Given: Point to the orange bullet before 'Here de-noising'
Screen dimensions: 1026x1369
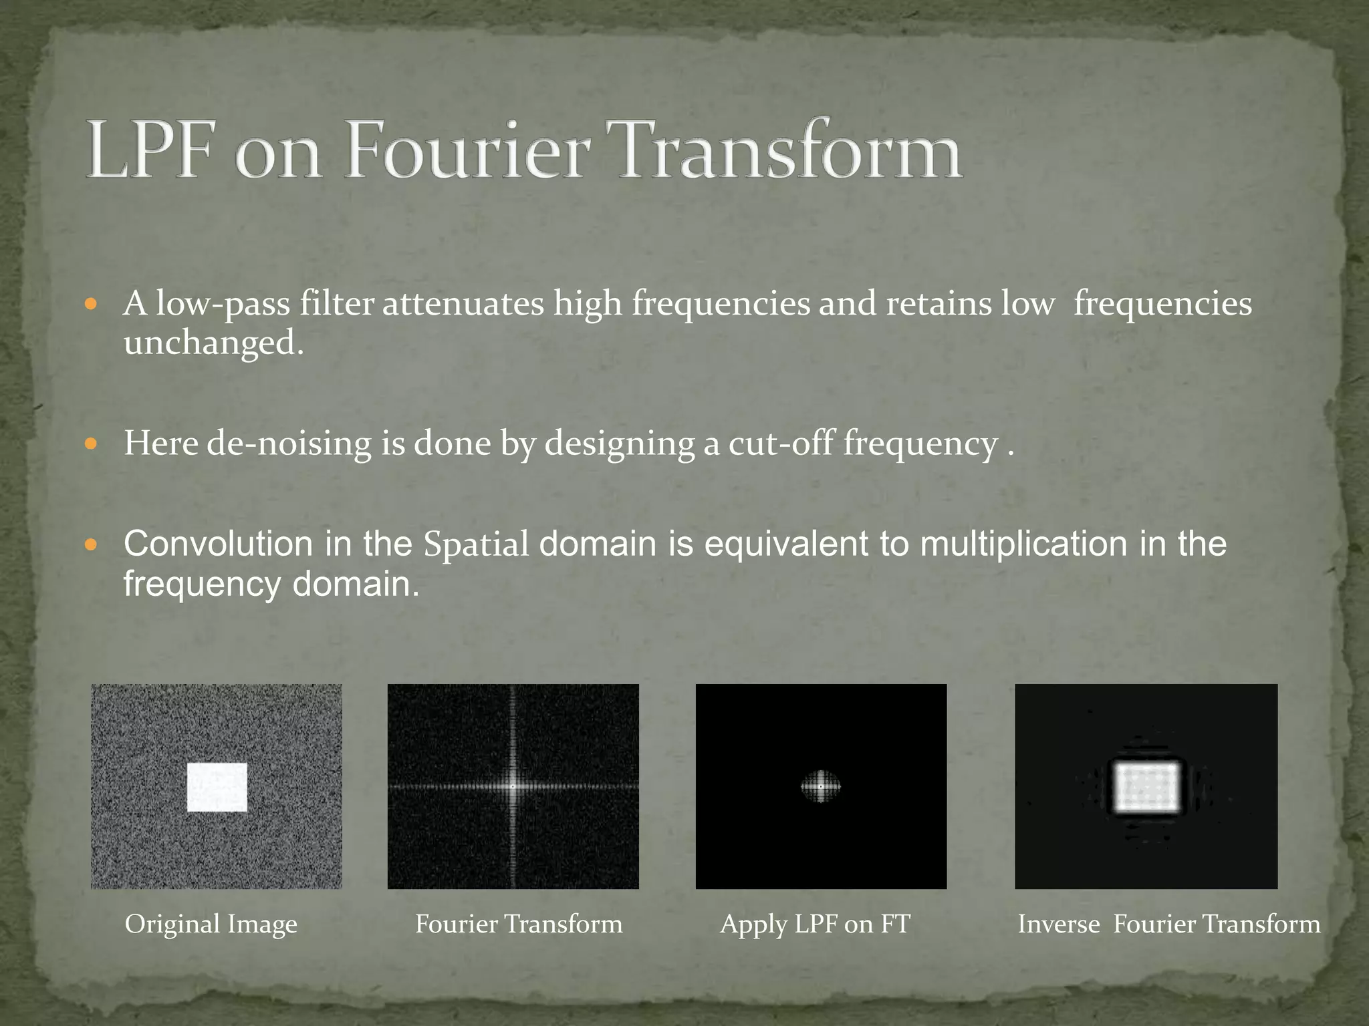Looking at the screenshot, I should coord(92,444).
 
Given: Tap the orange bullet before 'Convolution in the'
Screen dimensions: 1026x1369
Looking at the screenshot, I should coord(92,545).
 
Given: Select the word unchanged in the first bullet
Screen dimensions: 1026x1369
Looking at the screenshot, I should coord(213,343).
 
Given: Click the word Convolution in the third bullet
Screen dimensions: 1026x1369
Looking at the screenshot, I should coord(218,544).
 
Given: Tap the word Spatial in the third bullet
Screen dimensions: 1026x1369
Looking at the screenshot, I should coord(476,545).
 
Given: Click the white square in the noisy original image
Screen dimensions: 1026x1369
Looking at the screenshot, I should coord(217,788).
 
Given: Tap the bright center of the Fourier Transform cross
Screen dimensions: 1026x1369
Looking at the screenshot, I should coord(513,787).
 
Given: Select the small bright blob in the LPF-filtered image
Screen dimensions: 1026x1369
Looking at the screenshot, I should coord(821,787).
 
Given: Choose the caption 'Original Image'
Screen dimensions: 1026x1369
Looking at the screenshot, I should coord(211,925).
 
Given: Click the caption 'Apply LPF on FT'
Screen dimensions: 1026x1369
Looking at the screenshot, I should coord(815,924).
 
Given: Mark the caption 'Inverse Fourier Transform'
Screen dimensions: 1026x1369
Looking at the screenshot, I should coord(1168,924).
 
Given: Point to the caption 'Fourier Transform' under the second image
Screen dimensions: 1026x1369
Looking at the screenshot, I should coord(519,924).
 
